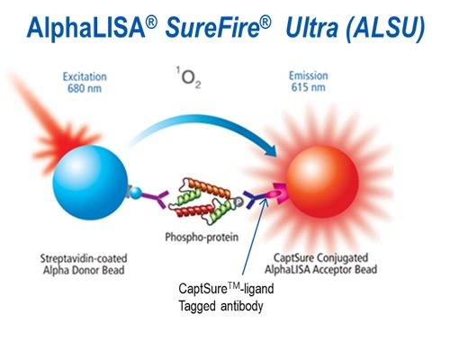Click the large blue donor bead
(90, 183)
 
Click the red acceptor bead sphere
(322, 182)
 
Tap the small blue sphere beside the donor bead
(136, 193)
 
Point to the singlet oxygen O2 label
(188, 78)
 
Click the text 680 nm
(85, 88)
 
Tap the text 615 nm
(308, 87)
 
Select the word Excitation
(85, 76)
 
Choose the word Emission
(308, 76)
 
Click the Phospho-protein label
(202, 237)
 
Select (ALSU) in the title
(385, 28)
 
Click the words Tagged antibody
(220, 306)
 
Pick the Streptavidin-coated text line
(84, 258)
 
